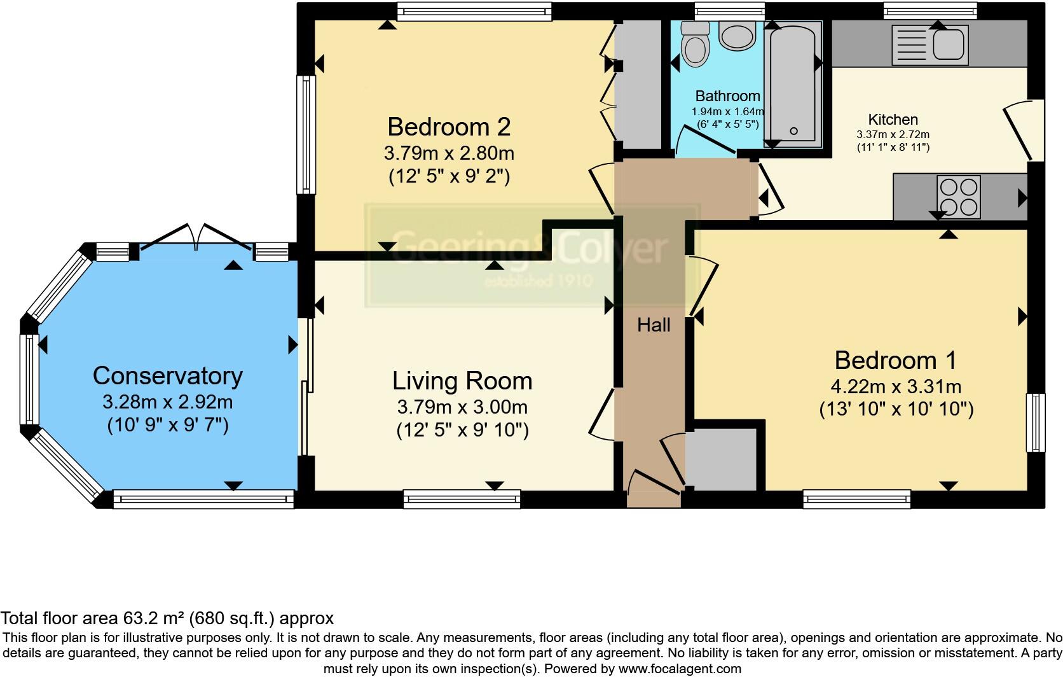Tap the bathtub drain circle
point(793,131)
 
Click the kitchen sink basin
point(949,45)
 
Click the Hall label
point(654,325)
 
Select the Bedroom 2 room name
point(449,127)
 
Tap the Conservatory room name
point(167,375)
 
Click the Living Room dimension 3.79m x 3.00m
point(462,407)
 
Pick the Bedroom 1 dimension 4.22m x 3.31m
point(895,386)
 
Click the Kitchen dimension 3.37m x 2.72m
point(893,134)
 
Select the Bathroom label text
point(727,96)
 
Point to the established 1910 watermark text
point(538,281)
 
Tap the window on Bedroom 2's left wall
point(306,135)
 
